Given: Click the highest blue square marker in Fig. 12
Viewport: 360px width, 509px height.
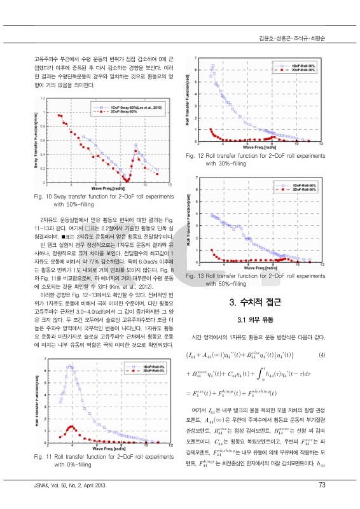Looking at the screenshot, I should click(212, 66).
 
